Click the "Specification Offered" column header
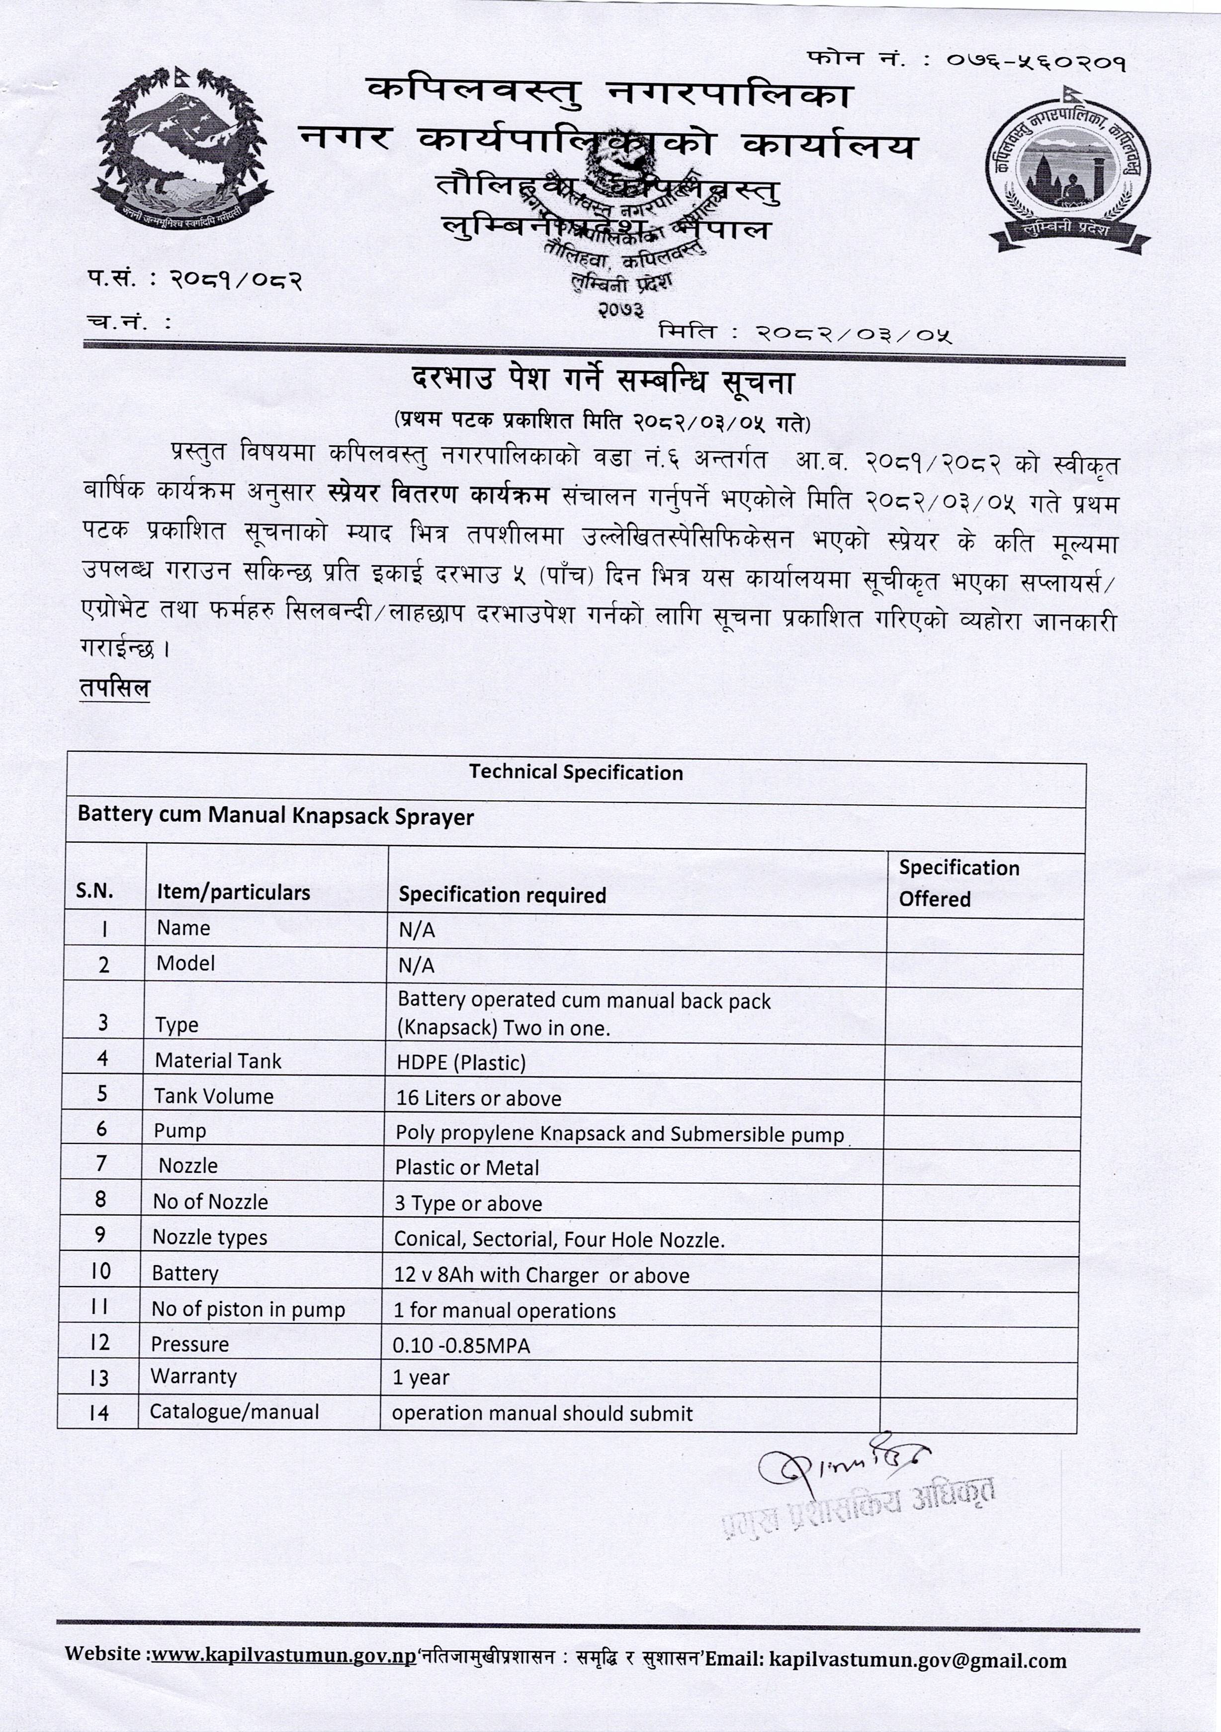958,882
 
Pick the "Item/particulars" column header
233,892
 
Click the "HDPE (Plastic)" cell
461,1063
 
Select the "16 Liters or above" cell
479,1098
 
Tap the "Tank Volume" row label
213,1096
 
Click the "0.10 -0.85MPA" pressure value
461,1345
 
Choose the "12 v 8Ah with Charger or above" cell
541,1276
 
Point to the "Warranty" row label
194,1377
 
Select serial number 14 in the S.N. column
99,1413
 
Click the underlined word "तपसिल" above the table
115,688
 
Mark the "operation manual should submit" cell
541,1414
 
